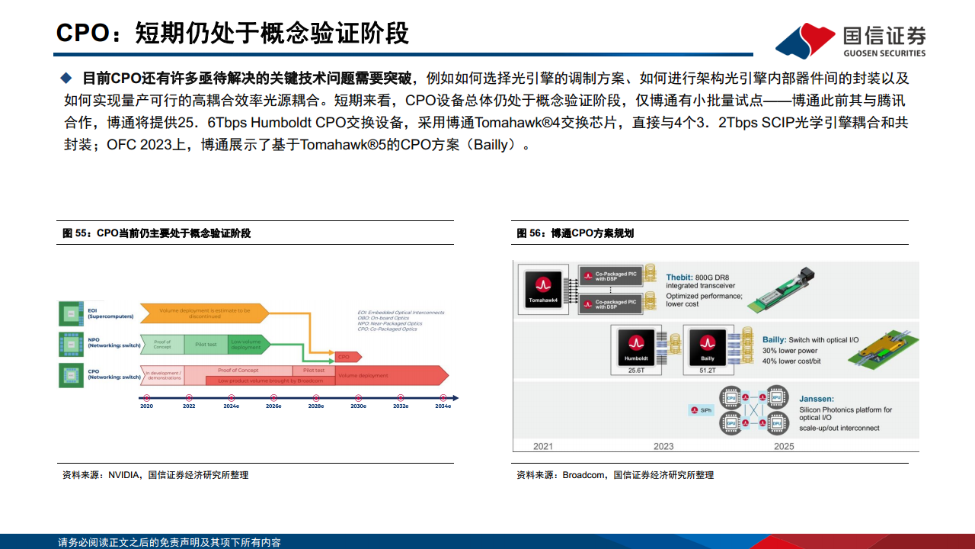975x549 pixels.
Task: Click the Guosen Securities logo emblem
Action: point(804,40)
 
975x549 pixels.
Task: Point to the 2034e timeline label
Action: point(443,406)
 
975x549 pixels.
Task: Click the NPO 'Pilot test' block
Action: point(206,345)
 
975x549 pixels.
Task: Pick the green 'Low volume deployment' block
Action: point(248,345)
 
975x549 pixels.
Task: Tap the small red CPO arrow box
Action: point(344,356)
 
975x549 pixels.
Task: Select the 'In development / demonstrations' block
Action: point(163,375)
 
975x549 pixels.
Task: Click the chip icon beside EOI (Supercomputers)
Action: point(71,313)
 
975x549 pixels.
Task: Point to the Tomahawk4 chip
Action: point(542,290)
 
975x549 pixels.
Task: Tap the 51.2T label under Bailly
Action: point(707,371)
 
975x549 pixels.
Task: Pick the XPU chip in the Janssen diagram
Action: point(776,398)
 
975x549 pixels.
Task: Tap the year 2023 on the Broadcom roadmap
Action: point(663,446)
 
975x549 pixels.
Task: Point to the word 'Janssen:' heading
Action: point(816,398)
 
